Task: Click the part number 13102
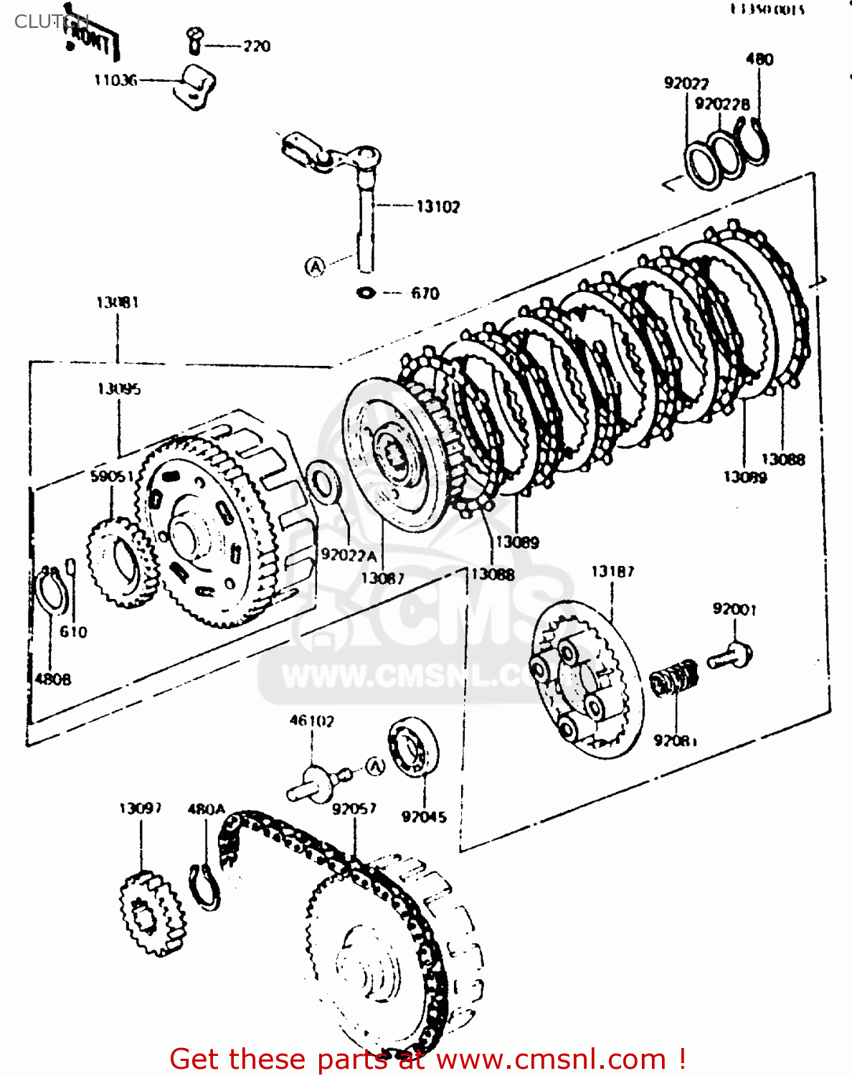(x=437, y=207)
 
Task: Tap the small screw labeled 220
(x=194, y=40)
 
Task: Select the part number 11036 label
(x=115, y=80)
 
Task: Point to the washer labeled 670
(x=366, y=293)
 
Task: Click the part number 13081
(x=117, y=302)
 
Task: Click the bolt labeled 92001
(x=730, y=656)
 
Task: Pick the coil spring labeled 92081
(x=675, y=678)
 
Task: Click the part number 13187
(x=612, y=572)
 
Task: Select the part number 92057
(x=354, y=808)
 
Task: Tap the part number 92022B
(x=721, y=104)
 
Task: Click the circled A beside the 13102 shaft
(x=315, y=267)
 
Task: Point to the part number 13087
(x=382, y=578)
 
